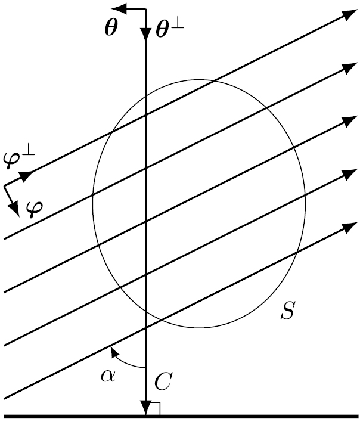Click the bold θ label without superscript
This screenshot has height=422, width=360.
click(111, 29)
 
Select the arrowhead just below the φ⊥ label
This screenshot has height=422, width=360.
click(26, 176)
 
